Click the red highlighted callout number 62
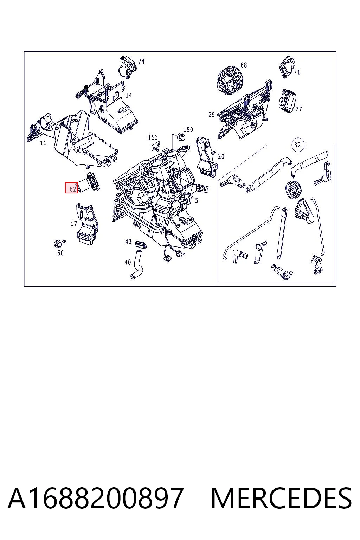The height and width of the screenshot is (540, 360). click(x=71, y=188)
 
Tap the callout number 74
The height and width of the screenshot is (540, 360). click(x=141, y=61)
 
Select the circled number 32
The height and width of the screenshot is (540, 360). click(x=297, y=145)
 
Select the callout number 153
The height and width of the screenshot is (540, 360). click(x=153, y=137)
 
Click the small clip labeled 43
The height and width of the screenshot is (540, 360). click(x=141, y=244)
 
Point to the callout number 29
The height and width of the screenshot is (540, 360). click(x=212, y=115)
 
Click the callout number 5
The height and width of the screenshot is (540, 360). click(x=197, y=200)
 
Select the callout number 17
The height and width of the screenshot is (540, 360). click(x=74, y=224)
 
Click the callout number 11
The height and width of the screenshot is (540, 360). click(x=43, y=143)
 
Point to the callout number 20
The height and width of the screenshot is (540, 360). click(x=221, y=156)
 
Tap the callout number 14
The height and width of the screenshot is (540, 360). click(x=129, y=95)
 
